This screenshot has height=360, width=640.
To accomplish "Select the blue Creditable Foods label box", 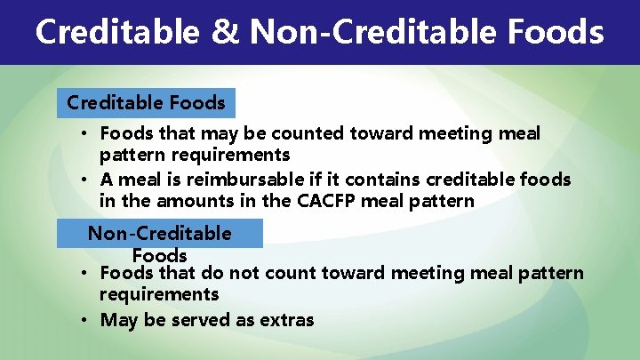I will pyautogui.click(x=147, y=103).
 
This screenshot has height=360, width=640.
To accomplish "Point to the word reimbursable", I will pyautogui.click(x=253, y=180).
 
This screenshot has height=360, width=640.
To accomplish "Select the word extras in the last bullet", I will pyautogui.click(x=284, y=320).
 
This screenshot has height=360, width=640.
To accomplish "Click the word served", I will pyautogui.click(x=200, y=320).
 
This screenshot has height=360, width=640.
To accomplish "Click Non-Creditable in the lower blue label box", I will pyautogui.click(x=159, y=234).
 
